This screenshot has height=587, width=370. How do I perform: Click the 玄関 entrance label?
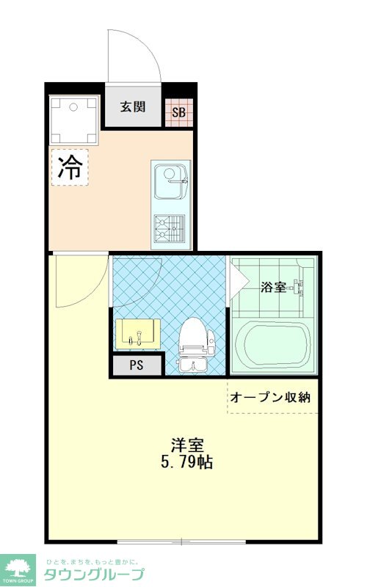(133, 107)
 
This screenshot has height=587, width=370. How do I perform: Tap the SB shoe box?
(178, 112)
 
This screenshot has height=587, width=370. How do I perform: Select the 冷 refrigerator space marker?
(70, 167)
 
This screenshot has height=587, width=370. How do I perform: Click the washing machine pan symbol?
(73, 119)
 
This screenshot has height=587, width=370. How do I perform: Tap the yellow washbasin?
(138, 334)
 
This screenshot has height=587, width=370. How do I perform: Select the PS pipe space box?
(136, 365)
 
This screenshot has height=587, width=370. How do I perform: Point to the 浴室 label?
(273, 288)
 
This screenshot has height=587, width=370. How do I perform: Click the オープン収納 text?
(270, 398)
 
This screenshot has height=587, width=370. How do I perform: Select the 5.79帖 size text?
(186, 464)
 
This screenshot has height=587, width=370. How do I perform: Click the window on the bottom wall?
(181, 542)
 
